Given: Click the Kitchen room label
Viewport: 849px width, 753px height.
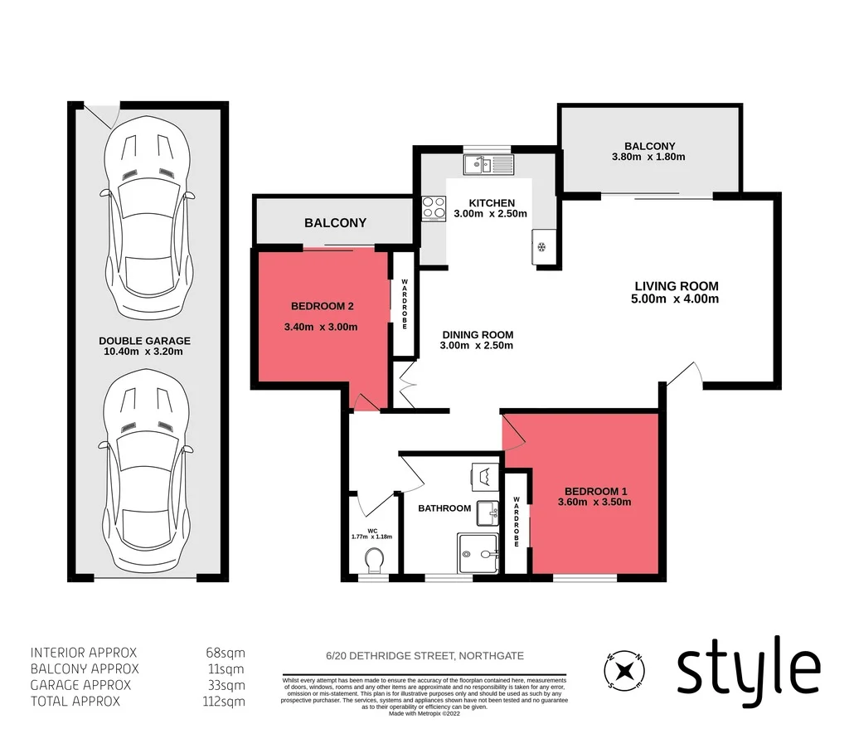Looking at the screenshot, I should pos(492,203).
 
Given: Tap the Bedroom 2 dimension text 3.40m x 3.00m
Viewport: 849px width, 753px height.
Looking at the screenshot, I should pos(321,327).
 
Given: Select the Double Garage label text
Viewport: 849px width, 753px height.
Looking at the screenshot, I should pos(144,341).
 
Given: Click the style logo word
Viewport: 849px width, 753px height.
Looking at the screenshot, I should pos(748,668).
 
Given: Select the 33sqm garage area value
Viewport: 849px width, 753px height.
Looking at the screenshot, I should pos(228,685).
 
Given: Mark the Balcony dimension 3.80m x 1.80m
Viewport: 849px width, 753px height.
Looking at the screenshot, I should pos(649,158).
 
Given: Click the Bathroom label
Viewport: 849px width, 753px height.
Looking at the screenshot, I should pos(444,508).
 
